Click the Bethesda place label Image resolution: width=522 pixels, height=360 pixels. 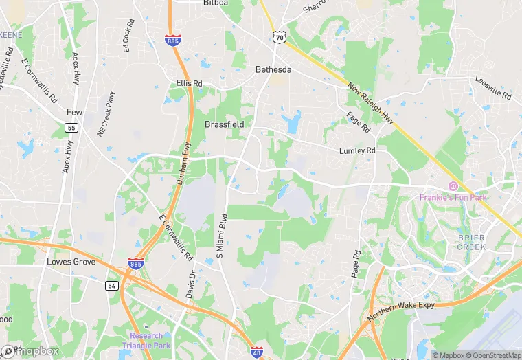click(273, 69)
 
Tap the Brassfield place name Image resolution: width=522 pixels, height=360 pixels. click(225, 124)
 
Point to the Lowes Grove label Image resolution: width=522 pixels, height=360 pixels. click(70, 262)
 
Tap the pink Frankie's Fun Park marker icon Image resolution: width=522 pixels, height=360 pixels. click(453, 186)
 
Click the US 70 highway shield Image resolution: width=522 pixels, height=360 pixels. click(278, 38)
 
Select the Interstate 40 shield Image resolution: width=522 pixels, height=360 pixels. click(256, 352)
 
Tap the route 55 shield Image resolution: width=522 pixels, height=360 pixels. click(71, 128)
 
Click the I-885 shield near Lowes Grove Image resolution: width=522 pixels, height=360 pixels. click(135, 263)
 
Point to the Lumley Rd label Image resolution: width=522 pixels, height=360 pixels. click(357, 150)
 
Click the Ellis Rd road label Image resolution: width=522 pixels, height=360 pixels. click(189, 84)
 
